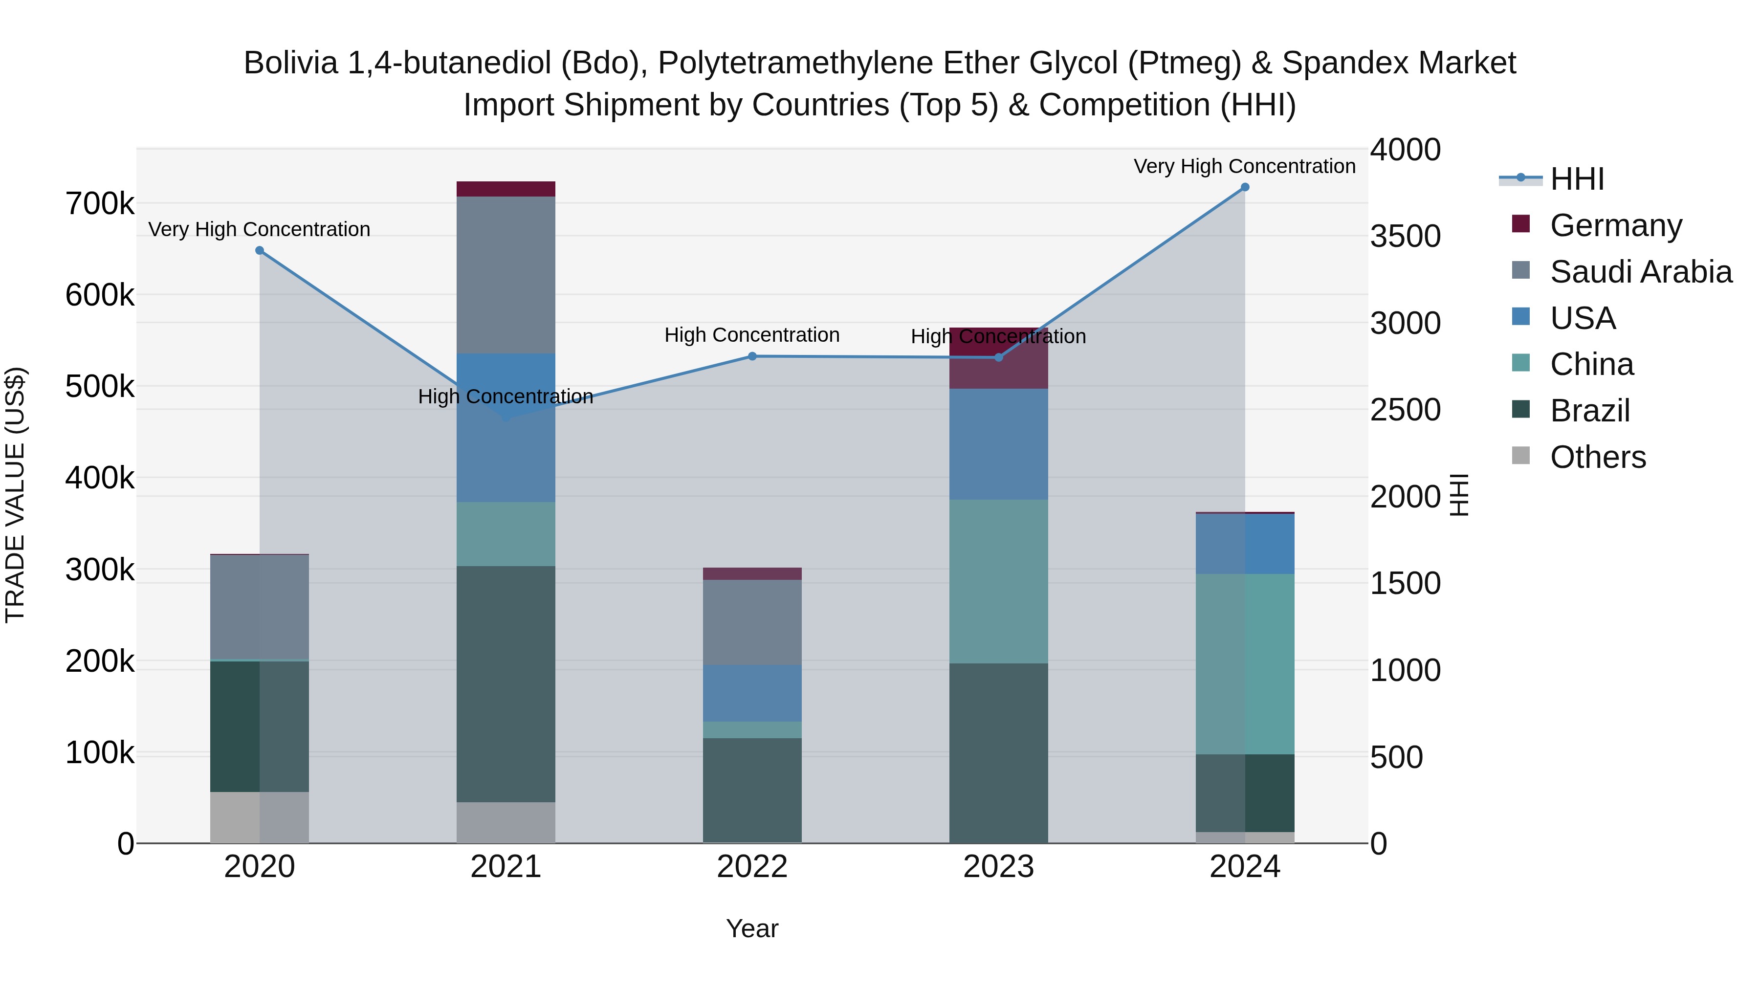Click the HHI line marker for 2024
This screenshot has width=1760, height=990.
(1244, 187)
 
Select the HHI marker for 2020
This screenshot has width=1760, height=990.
(260, 251)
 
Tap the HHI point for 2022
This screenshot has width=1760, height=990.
(752, 356)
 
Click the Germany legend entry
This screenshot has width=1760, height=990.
(1615, 225)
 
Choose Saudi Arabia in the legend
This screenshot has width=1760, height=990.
(1640, 272)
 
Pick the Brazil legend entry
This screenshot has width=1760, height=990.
(1590, 411)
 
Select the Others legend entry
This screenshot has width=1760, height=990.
(1597, 457)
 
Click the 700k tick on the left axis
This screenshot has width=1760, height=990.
(100, 203)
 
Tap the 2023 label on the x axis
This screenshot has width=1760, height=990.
(998, 867)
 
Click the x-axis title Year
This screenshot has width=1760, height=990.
(752, 928)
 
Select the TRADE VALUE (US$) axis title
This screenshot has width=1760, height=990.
(16, 495)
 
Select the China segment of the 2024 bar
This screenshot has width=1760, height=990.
(1245, 663)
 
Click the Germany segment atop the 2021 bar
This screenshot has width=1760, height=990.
(506, 189)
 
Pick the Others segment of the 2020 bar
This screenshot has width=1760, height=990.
(260, 817)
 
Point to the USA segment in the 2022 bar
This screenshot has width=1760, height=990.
(752, 693)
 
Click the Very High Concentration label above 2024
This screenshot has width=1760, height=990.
(1244, 166)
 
